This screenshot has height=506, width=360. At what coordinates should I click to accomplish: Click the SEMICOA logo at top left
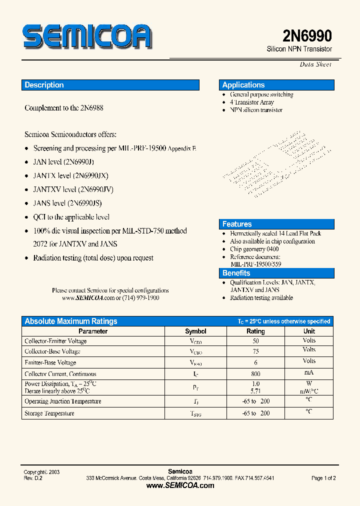86,37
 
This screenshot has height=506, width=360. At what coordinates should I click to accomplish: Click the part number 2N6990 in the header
307,36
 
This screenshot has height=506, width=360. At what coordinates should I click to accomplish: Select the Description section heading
44,85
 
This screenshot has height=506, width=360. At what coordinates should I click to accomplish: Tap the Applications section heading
243,85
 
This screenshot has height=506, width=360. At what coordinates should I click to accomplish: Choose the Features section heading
237,224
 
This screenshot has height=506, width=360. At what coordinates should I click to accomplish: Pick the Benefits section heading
236,273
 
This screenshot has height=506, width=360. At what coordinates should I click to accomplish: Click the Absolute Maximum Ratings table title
71,321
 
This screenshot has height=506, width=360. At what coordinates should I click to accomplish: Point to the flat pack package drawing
267,162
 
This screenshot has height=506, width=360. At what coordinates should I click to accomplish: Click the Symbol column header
195,331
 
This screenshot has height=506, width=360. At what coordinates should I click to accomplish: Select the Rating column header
255,331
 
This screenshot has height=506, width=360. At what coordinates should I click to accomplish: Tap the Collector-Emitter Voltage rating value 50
256,340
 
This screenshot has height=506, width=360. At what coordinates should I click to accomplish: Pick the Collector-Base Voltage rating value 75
256,351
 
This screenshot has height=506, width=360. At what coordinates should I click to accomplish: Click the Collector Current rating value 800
256,373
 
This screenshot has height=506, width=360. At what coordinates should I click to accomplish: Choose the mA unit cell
309,373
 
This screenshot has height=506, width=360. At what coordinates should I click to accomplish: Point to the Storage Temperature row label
49,413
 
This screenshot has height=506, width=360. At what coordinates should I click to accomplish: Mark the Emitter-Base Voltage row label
50,362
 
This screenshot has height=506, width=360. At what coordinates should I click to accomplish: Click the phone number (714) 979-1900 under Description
141,297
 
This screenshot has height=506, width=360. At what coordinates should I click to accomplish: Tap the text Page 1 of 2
323,478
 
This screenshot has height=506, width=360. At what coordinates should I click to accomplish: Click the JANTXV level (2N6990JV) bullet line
73,189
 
